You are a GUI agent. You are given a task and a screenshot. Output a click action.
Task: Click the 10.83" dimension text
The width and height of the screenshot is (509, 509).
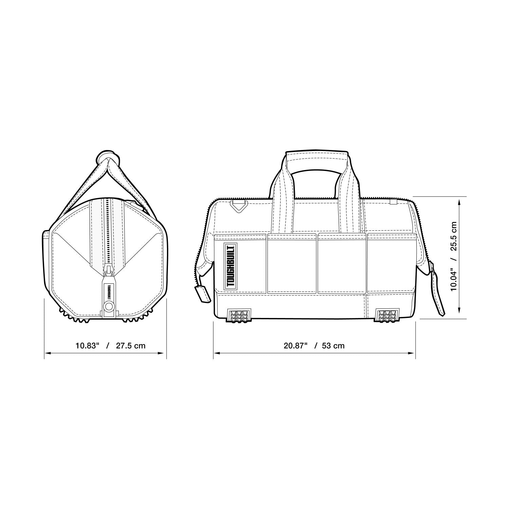click(87, 345)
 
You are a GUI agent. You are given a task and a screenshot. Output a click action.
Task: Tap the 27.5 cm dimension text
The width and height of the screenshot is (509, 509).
click(131, 345)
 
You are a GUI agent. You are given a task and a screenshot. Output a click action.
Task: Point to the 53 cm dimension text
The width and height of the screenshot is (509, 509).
click(333, 345)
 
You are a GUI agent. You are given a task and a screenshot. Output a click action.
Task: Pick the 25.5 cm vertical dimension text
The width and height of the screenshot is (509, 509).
click(453, 236)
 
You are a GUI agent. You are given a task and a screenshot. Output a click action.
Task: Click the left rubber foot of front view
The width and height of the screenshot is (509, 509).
click(239, 315)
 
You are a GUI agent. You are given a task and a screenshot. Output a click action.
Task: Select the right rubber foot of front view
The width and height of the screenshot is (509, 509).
click(387, 315)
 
